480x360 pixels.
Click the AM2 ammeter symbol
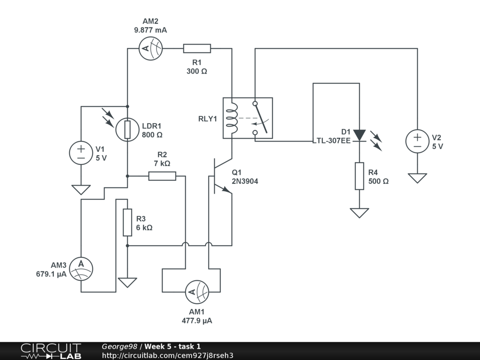pos(150,48)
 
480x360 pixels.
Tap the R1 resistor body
pos(197,48)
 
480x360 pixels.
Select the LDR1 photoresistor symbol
pos(127,130)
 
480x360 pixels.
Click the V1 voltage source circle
pos(81,153)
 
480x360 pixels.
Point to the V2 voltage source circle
pos(417,141)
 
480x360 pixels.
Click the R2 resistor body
pos(162,176)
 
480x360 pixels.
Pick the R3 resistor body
pos(127,223)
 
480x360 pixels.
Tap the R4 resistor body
pos(360,176)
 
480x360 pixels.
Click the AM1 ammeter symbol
pos(197,292)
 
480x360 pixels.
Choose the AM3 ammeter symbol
pos(81,269)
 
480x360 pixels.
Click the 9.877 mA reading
pos(150,30)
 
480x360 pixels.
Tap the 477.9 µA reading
pos(197,321)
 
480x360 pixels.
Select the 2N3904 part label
pos(245,181)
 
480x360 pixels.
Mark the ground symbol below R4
pos(360,213)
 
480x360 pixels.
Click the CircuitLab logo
pos(51,351)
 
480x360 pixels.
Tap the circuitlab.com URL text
pos(167,355)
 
